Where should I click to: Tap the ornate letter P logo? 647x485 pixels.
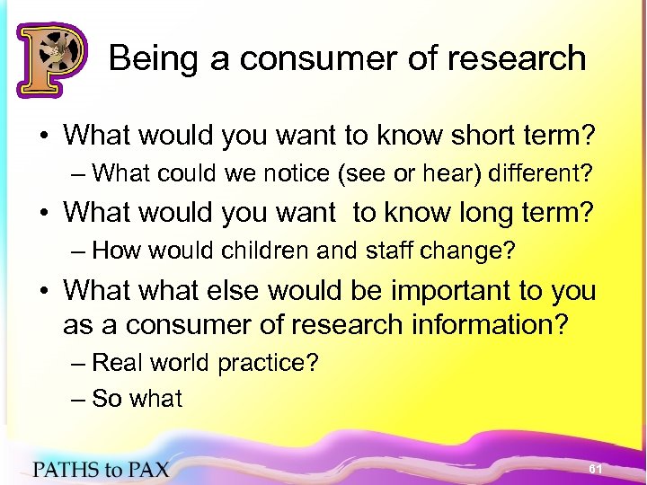51,58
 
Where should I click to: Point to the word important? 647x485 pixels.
443,291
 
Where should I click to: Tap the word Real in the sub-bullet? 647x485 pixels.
114,363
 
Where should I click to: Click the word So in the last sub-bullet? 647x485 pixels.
107,398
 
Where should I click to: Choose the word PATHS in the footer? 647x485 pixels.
62,469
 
